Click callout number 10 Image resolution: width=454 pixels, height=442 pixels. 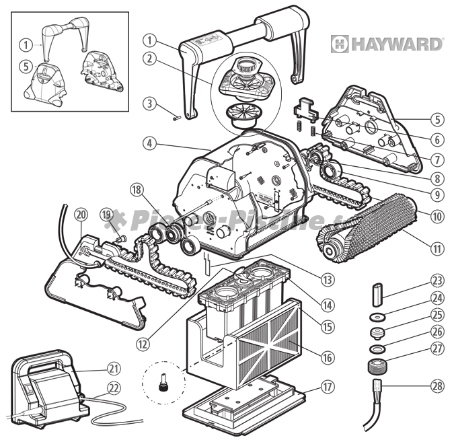(x=438, y=217)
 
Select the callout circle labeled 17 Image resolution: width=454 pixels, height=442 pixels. (x=328, y=387)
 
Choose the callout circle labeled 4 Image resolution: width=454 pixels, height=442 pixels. (x=149, y=143)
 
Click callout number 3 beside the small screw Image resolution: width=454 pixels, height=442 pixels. (x=149, y=103)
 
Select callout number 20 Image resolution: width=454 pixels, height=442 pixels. (x=81, y=215)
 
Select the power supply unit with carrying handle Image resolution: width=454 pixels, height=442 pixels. (x=46, y=389)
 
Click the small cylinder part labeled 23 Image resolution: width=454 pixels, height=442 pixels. (x=377, y=294)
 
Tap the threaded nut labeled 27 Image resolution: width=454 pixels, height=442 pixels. (x=378, y=367)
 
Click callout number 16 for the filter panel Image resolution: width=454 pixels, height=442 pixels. (x=328, y=357)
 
